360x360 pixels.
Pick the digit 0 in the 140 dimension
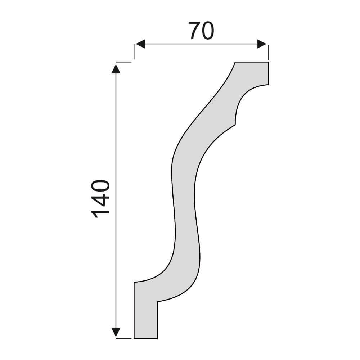[x=100, y=185]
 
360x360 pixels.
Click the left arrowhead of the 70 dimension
[x=140, y=44]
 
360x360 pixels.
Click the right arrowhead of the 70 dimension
[x=262, y=44]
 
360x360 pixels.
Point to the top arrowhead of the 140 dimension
[x=116, y=69]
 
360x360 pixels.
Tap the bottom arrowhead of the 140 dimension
[x=116, y=332]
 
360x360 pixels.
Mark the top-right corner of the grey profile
[x=269, y=62]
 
